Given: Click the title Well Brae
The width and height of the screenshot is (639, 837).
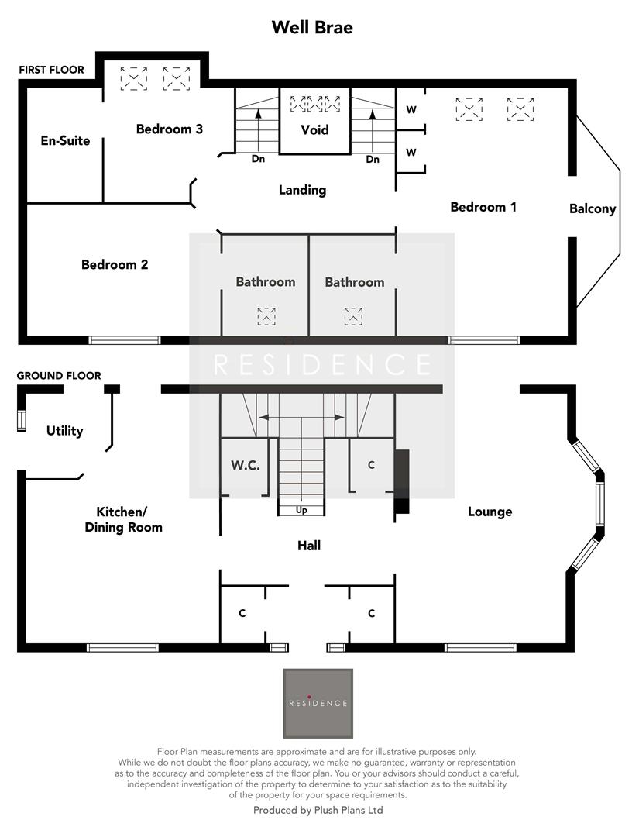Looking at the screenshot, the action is (312, 29).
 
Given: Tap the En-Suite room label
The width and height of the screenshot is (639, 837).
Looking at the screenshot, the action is (65, 141).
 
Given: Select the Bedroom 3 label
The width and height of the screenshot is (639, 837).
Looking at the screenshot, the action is (170, 129).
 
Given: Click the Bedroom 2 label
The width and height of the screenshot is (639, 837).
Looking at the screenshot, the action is (115, 265).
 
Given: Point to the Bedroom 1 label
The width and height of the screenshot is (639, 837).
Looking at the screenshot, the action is (483, 207).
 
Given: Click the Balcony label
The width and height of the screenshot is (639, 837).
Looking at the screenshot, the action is (593, 208).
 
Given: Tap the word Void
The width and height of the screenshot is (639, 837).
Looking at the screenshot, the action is (314, 129).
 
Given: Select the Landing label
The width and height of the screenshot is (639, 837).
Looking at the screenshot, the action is (302, 190).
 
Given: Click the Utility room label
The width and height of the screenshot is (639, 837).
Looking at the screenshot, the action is (64, 431).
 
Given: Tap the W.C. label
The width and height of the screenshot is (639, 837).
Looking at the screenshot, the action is (245, 466).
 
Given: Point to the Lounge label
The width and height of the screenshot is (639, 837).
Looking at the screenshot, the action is (490, 511).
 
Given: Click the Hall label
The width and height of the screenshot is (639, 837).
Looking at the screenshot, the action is (309, 546).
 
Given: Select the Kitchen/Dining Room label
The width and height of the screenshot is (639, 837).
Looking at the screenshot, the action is (129, 519).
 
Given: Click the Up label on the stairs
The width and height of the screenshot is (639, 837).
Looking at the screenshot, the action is (301, 510).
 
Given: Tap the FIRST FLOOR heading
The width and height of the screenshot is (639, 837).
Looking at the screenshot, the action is (51, 70).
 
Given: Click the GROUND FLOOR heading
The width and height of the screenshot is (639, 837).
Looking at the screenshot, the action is (59, 376).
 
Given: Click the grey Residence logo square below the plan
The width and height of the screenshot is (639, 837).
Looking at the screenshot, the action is (318, 703).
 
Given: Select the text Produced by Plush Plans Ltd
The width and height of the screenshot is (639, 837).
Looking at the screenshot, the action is (318, 810).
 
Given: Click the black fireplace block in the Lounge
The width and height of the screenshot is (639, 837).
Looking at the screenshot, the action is (401, 480).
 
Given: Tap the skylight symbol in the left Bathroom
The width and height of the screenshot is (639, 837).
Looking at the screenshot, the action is (266, 315).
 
